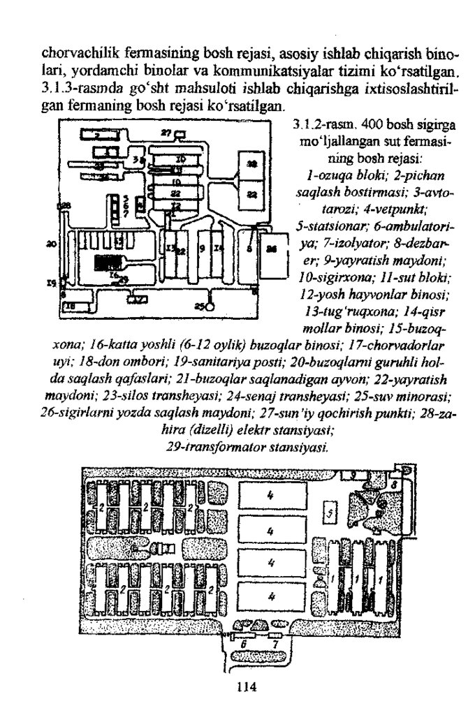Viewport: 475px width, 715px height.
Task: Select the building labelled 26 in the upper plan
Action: click(273, 249)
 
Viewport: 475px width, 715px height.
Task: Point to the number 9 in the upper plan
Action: click(202, 248)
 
